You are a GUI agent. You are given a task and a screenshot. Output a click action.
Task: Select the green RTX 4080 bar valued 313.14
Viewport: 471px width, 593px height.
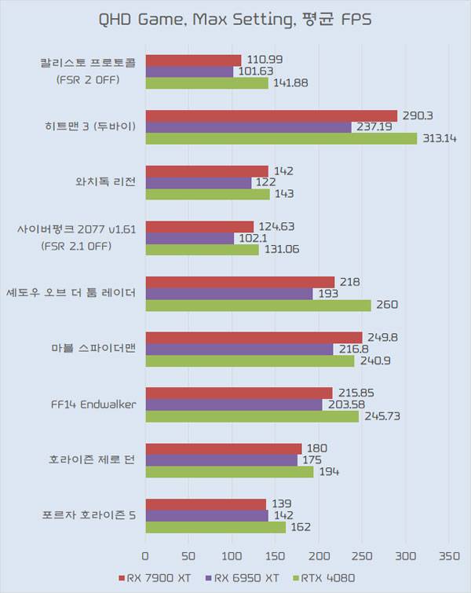click(281, 138)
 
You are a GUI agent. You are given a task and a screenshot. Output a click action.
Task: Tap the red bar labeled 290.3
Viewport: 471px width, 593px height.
click(271, 115)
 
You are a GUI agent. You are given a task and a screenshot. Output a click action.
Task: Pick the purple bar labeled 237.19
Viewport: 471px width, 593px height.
click(248, 127)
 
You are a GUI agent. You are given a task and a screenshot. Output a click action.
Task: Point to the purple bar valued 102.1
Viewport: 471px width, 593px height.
click(189, 238)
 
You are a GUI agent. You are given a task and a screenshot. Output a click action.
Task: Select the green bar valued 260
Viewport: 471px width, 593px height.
click(257, 305)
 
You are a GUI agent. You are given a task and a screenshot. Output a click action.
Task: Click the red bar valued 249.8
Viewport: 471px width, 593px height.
click(254, 337)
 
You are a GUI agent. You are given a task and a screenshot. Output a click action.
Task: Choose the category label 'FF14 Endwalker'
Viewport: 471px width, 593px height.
click(93, 404)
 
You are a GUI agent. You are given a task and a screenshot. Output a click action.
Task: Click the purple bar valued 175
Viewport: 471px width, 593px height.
click(221, 460)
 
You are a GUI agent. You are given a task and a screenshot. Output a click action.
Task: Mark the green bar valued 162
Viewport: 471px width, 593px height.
click(215, 527)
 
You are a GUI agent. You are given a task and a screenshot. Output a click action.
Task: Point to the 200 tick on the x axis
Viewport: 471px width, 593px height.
click(318, 557)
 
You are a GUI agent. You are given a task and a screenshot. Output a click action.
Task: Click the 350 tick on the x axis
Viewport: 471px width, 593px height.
click(448, 557)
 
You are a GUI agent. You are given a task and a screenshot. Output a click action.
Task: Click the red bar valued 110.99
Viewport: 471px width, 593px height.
click(193, 60)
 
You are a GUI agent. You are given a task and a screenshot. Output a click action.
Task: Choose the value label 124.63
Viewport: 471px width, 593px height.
click(277, 227)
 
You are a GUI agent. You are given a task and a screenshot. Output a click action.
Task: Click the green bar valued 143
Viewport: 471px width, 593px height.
click(207, 193)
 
